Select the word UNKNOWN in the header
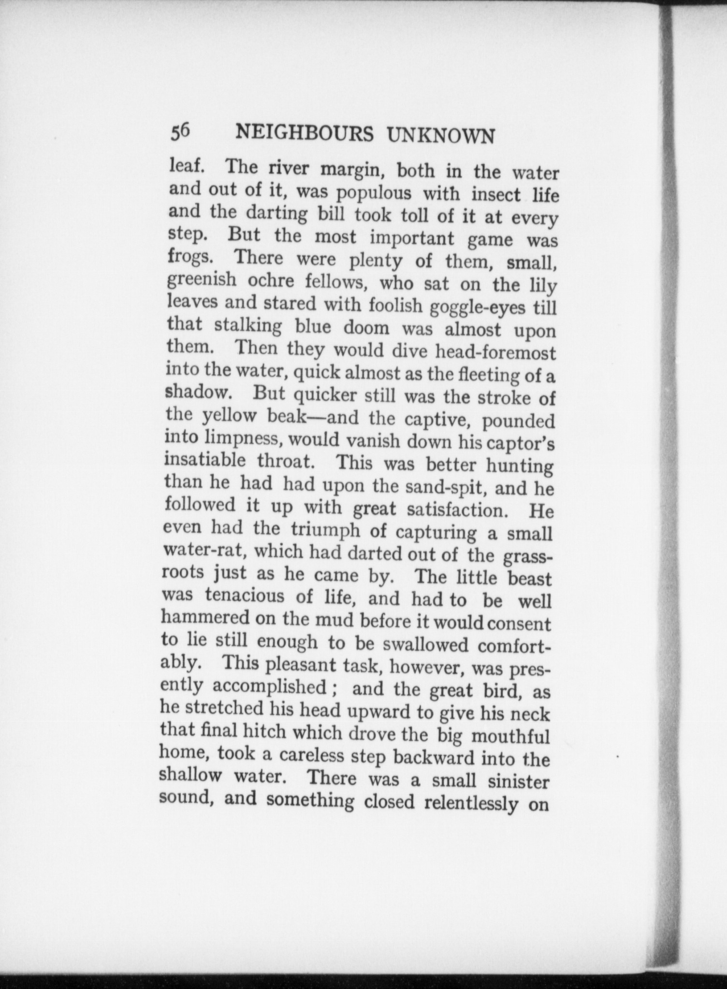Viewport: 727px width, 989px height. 441,136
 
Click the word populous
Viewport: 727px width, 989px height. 374,193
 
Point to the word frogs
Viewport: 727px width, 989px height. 190,256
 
